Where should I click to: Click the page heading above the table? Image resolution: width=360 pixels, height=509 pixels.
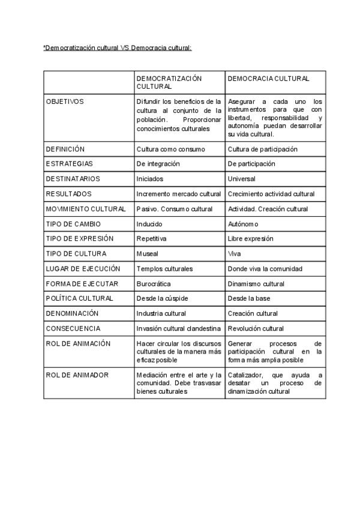pyautogui.click(x=117, y=47)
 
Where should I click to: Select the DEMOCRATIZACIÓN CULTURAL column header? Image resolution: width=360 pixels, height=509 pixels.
pyautogui.click(x=169, y=83)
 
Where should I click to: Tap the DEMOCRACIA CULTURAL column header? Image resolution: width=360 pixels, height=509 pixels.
pyautogui.click(x=268, y=79)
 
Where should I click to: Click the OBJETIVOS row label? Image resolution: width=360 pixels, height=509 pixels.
pyautogui.click(x=65, y=101)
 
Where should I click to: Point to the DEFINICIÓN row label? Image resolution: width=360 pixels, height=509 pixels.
pyautogui.click(x=65, y=149)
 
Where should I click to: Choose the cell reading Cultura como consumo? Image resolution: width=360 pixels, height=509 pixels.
pyautogui.click(x=170, y=149)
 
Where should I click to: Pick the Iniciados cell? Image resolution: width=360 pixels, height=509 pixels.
pyautogui.click(x=150, y=179)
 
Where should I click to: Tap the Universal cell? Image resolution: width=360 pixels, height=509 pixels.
pyautogui.click(x=241, y=179)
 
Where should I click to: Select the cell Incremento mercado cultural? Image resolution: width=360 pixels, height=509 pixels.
pyautogui.click(x=179, y=194)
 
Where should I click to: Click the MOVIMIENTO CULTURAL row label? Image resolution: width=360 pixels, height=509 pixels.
pyautogui.click(x=86, y=209)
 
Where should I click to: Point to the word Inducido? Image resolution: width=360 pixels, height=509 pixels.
pyautogui.click(x=149, y=224)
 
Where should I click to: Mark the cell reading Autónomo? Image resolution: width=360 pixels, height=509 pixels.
pyautogui.click(x=243, y=224)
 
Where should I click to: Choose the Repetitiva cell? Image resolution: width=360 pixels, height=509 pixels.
pyautogui.click(x=151, y=239)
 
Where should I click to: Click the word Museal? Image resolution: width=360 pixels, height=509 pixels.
pyautogui.click(x=148, y=254)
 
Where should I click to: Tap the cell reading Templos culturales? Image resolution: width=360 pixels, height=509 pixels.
pyautogui.click(x=164, y=269)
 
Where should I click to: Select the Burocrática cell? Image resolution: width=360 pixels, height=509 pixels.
pyautogui.click(x=154, y=284)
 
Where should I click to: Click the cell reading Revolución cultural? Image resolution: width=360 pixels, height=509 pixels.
pyautogui.click(x=256, y=329)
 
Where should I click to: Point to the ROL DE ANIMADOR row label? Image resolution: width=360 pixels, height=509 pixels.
pyautogui.click(x=77, y=375)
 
